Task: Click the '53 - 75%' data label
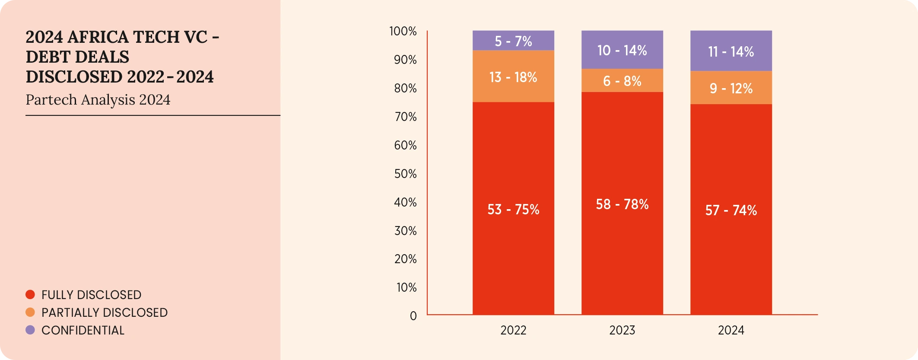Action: pyautogui.click(x=513, y=210)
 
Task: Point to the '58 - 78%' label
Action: pyautogui.click(x=622, y=204)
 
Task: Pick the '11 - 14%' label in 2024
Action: pyautogui.click(x=731, y=52)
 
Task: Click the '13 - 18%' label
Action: pyautogui.click(x=513, y=77)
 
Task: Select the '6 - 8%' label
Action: pyautogui.click(x=622, y=81)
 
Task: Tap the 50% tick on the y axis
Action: pyautogui.click(x=405, y=174)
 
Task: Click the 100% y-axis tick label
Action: pyautogui.click(x=403, y=31)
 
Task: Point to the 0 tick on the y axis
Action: pyautogui.click(x=413, y=316)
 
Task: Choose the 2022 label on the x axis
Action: pyautogui.click(x=513, y=330)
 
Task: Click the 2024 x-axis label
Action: pyautogui.click(x=731, y=330)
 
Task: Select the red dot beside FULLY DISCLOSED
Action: pyautogui.click(x=30, y=295)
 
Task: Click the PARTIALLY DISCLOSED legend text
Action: pyautogui.click(x=105, y=312)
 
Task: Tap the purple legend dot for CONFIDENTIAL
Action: pyautogui.click(x=30, y=330)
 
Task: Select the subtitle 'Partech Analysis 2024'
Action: pyautogui.click(x=98, y=100)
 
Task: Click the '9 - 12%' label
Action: pyautogui.click(x=731, y=89)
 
